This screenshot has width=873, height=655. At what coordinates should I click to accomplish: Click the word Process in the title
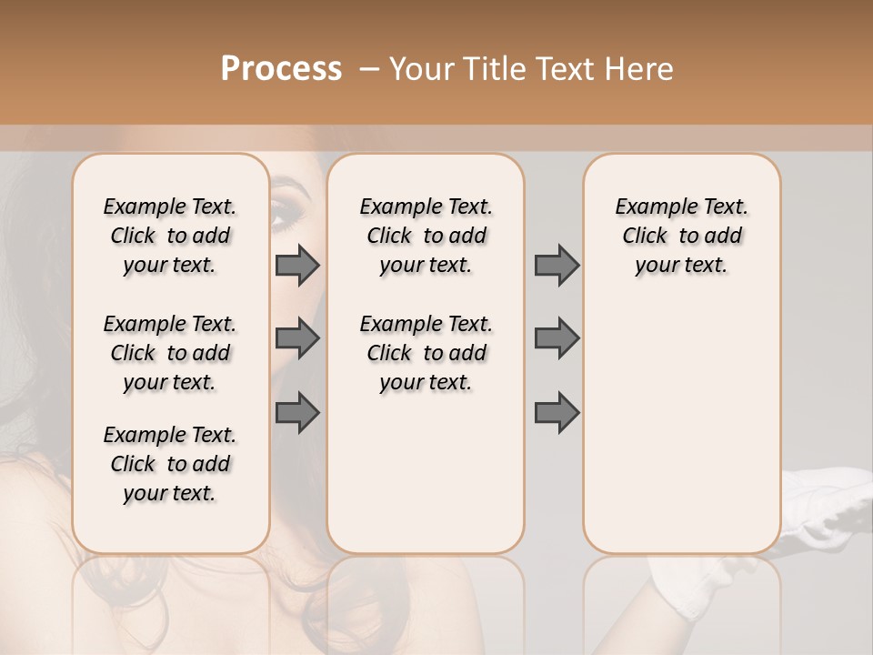281,68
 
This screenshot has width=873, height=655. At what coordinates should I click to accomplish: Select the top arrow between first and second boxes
297,266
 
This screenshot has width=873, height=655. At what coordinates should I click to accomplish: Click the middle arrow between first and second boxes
297,338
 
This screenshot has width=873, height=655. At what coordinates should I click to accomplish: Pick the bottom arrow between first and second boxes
297,413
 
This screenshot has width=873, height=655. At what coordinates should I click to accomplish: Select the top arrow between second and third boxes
557,266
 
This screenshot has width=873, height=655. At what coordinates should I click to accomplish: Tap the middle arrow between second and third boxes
557,338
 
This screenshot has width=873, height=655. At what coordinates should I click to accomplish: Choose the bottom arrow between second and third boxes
557,413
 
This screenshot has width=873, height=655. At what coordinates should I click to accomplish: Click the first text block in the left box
170,236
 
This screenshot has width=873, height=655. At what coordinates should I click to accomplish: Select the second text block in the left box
170,353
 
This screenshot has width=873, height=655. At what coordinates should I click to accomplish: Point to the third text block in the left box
170,464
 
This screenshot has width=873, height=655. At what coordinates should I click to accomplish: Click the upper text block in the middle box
426,236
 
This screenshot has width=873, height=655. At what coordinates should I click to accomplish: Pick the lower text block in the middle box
426,353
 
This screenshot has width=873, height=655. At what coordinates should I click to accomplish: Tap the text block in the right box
682,236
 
